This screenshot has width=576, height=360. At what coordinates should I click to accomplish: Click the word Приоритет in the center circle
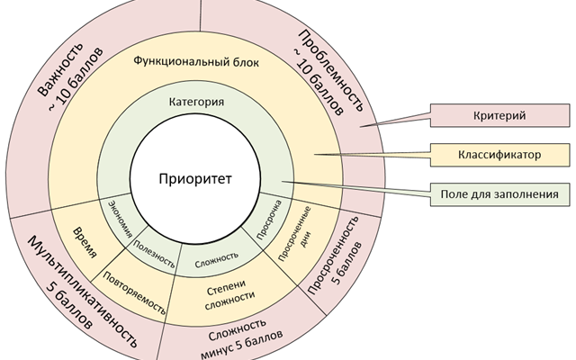tap(195, 179)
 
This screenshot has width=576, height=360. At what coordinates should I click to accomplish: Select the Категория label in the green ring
tap(196, 102)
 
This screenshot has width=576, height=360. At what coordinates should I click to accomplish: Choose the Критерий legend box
tap(498, 116)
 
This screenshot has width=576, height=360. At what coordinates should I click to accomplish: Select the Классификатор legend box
tap(498, 155)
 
